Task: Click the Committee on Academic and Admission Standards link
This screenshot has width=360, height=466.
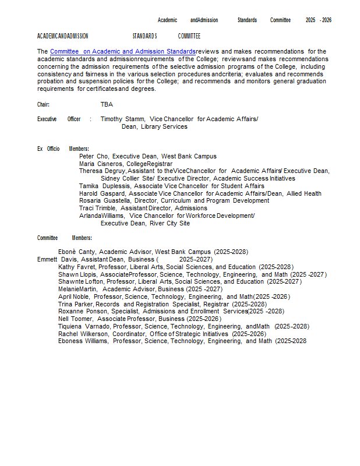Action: tap(123, 52)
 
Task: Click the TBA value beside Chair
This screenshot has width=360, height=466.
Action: tap(107, 104)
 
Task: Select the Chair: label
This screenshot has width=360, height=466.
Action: tap(43, 104)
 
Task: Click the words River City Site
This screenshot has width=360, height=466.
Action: tap(170, 223)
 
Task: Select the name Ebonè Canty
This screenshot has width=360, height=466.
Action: tap(77, 252)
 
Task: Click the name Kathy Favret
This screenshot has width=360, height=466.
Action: tap(77, 267)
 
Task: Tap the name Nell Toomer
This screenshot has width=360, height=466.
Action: tap(76, 319)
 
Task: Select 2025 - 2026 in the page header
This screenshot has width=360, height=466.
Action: tap(318, 20)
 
